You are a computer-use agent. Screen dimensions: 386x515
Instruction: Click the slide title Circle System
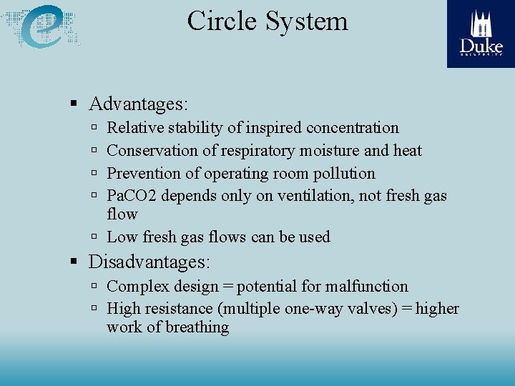click(268, 21)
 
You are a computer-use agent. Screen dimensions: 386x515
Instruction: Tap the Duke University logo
click(481, 34)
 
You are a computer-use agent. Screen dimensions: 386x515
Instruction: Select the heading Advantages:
click(138, 104)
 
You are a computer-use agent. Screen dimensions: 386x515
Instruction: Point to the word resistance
click(180, 309)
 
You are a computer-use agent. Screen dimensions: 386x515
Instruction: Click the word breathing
click(196, 327)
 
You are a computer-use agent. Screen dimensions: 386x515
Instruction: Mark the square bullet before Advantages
click(74, 104)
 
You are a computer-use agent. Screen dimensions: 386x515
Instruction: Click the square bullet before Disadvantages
click(74, 262)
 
